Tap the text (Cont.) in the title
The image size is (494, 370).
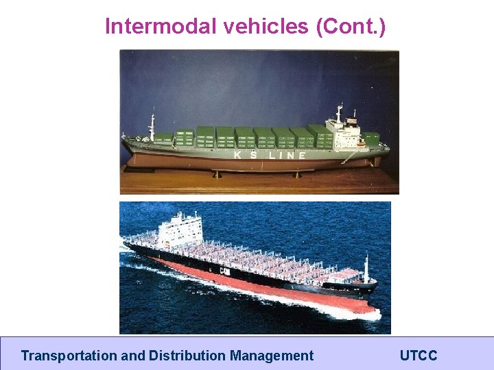coord(351,27)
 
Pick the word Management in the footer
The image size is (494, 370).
coord(272,356)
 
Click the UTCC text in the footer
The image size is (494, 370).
coord(419,356)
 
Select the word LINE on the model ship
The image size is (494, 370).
coord(292,155)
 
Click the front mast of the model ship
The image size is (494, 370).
coord(152,126)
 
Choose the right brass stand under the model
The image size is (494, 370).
coord(296,174)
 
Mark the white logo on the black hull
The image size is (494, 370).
coord(224,271)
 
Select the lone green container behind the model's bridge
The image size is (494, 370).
coord(370,139)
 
